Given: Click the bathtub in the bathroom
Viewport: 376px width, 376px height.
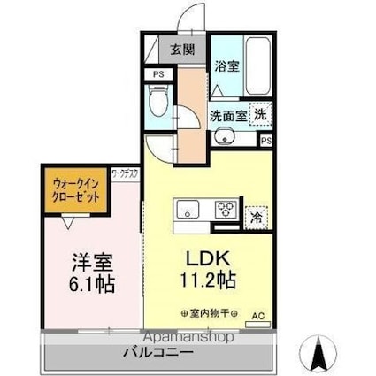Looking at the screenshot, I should (256, 66).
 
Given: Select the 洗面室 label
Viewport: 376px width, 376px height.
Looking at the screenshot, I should (228, 114).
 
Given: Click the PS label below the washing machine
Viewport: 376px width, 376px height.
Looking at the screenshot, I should (265, 140).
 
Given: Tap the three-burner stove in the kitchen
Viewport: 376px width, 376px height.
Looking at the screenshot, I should (227, 210).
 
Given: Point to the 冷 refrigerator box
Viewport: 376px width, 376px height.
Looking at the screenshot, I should (257, 215).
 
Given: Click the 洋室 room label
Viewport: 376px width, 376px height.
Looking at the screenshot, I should (91, 263).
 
